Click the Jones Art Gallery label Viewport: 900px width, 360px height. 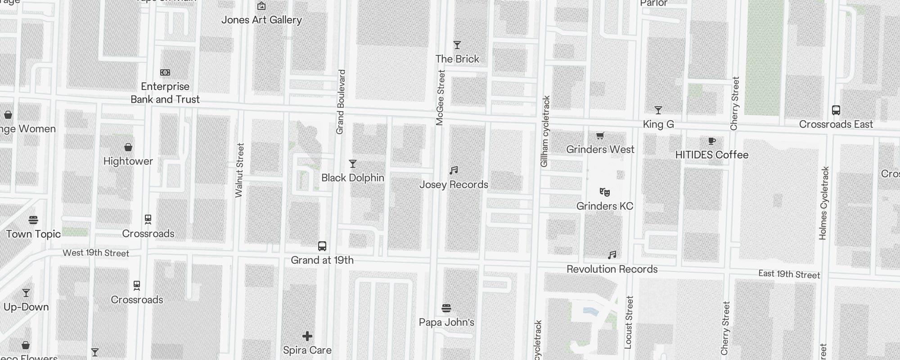261,20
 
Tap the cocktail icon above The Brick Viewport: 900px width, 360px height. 457,45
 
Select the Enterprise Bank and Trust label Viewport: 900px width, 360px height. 165,93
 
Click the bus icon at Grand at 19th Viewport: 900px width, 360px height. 322,246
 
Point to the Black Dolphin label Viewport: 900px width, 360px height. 353,178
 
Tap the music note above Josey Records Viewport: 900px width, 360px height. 454,171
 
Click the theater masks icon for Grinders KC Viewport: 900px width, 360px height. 605,192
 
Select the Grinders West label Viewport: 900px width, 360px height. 600,149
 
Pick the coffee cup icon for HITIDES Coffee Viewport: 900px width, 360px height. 711,141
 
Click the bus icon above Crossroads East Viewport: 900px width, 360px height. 836,110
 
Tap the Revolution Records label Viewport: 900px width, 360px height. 612,269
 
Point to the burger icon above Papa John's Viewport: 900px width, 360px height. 446,308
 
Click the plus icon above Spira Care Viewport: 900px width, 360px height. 307,336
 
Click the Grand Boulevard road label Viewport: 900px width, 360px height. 340,102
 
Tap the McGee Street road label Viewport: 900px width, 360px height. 440,97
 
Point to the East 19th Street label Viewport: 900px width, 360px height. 789,274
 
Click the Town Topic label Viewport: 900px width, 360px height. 34,234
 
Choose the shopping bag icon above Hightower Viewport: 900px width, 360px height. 128,147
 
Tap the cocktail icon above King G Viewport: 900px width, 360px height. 658,110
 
